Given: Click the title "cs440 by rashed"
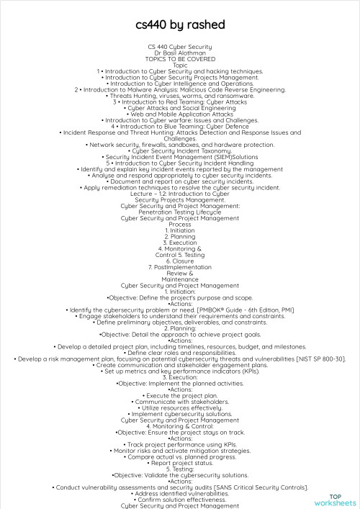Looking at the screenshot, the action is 180,25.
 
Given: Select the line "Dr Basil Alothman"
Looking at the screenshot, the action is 180,53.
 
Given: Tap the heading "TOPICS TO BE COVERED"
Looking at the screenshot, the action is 180,58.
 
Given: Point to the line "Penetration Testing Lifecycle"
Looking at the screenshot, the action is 180,212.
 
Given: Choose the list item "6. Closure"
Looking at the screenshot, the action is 180,260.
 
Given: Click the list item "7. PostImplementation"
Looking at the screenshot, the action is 180,266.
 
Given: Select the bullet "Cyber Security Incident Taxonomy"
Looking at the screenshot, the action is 180,150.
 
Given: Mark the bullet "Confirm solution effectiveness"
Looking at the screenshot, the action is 180,479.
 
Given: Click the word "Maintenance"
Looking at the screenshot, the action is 180,279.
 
